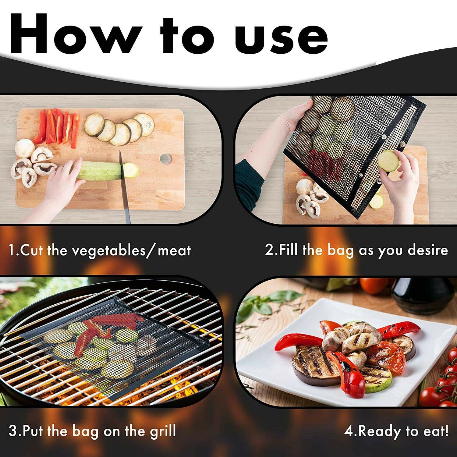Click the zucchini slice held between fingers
(388, 161)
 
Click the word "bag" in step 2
(340, 250)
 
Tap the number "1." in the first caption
(14, 250)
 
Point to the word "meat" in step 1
(174, 250)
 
